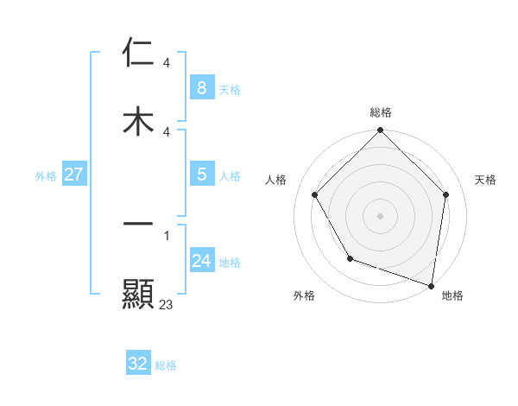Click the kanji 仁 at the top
click(x=138, y=53)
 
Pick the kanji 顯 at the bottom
click(x=138, y=294)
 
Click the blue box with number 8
click(x=201, y=87)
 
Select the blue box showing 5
click(x=201, y=174)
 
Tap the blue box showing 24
click(x=201, y=260)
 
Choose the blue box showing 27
click(x=73, y=174)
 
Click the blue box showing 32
click(x=137, y=364)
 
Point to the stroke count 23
click(x=166, y=305)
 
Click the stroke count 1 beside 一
click(x=166, y=235)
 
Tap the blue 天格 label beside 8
click(x=230, y=89)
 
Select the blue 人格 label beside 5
click(x=230, y=176)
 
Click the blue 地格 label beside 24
click(x=230, y=263)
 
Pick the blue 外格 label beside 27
click(x=46, y=176)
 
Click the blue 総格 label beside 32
click(x=166, y=366)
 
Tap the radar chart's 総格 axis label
click(x=380, y=112)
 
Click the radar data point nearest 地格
click(x=431, y=284)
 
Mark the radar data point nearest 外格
click(x=350, y=258)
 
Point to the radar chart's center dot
click(x=380, y=216)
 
